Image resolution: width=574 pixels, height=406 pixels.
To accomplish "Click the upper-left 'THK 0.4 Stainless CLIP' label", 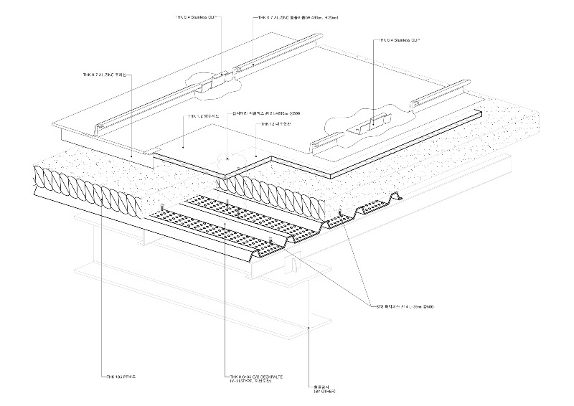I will (x=197, y=15).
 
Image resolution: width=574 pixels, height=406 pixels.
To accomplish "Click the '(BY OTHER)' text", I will (x=324, y=392).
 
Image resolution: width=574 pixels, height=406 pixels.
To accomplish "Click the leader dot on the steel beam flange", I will (x=309, y=326).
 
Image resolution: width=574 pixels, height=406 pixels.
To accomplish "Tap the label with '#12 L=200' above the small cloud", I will (x=270, y=113).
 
